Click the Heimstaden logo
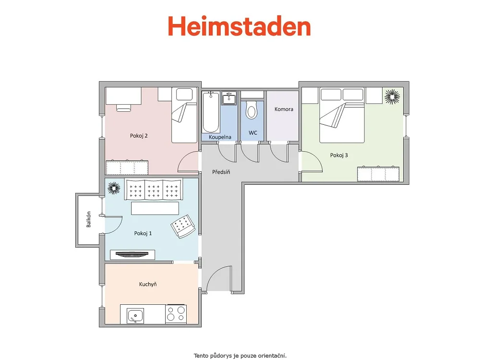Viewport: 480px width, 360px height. click(x=240, y=26)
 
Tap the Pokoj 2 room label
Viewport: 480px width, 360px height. click(x=139, y=136)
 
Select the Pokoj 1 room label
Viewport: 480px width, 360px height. click(x=143, y=233)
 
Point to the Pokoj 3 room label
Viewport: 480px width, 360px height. click(x=339, y=155)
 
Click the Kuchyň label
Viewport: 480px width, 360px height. click(x=148, y=284)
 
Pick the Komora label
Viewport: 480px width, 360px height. click(x=284, y=109)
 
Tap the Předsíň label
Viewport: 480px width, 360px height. click(x=221, y=172)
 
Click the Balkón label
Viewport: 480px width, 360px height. click(x=88, y=219)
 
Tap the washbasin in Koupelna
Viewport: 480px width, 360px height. click(x=228, y=98)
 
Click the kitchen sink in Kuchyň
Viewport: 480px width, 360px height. click(x=135, y=316)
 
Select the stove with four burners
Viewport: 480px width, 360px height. click(x=176, y=314)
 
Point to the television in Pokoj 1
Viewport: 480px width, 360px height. click(x=132, y=254)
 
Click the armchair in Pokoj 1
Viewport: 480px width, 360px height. click(x=183, y=227)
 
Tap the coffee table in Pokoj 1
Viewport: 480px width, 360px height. click(x=155, y=208)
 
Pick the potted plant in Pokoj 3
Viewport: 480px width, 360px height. click(x=392, y=96)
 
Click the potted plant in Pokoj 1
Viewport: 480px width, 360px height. click(x=114, y=188)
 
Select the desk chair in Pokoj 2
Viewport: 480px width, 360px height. click(x=124, y=108)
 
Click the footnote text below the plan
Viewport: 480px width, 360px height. click(x=240, y=356)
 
